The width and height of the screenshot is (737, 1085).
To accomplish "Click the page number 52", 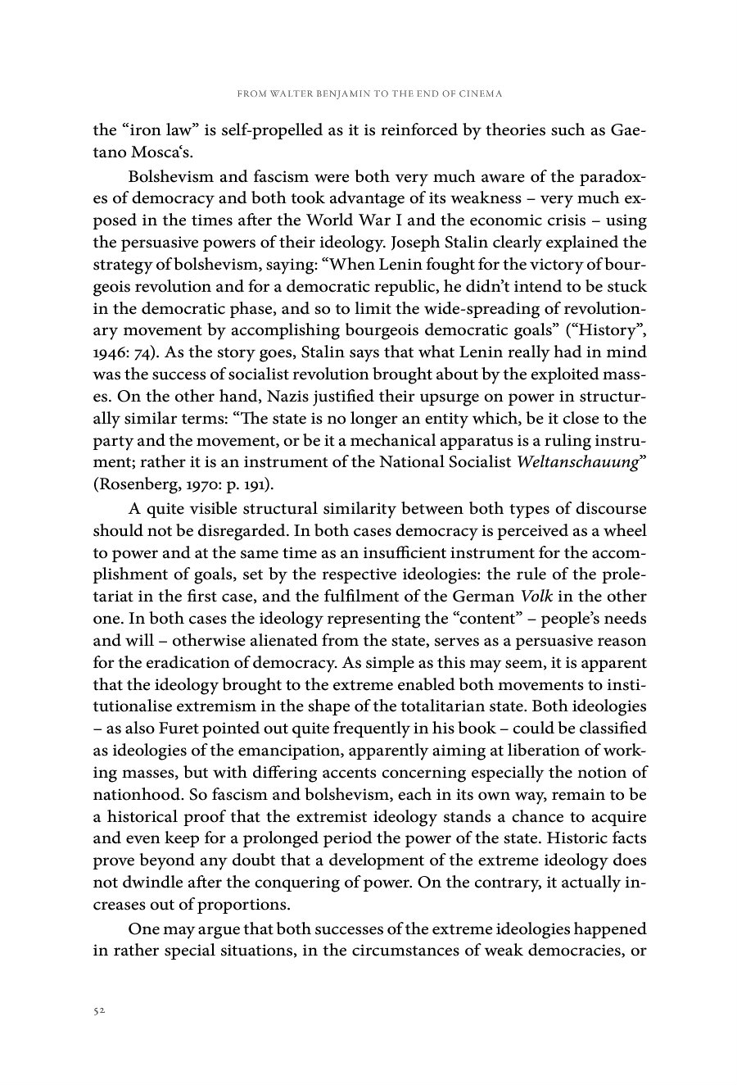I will coord(98,1012).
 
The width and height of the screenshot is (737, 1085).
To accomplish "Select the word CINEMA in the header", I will coord(479,94).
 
